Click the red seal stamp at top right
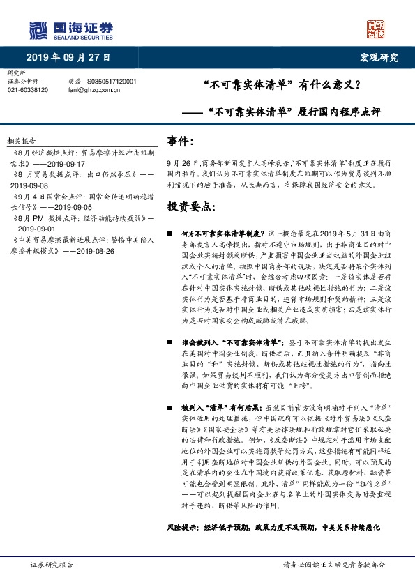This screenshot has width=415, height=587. point(376,29)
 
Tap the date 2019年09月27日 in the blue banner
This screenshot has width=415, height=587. point(68,57)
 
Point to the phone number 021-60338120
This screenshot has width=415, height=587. point(28,90)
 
